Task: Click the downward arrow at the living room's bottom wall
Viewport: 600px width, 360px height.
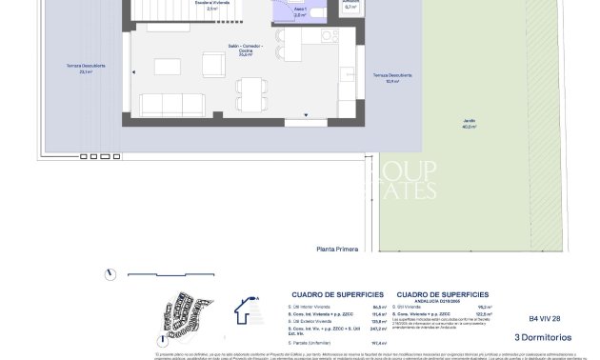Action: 306,115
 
